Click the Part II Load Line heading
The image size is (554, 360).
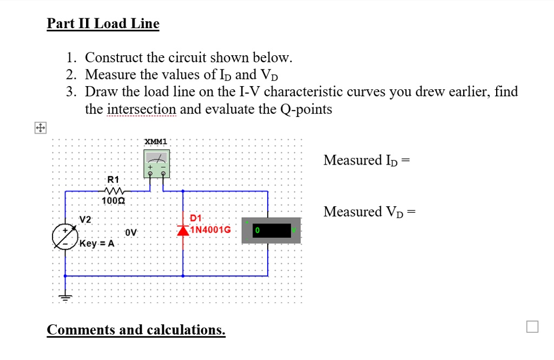coord(103,24)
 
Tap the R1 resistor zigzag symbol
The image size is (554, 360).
coord(114,190)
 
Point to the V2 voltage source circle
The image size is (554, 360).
coord(65,237)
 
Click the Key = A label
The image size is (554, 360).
coord(97,243)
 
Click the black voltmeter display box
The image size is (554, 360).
coord(271,231)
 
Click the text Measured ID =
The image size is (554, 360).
coord(366,160)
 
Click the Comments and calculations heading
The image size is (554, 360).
coord(136,330)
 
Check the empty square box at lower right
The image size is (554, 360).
coord(532,326)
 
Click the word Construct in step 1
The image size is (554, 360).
coord(114,57)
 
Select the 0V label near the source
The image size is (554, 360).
coord(130,232)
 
